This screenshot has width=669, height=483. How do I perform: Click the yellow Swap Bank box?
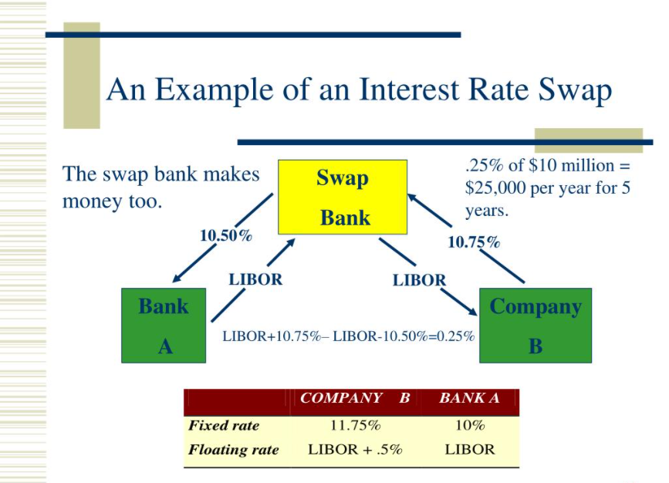pyautogui.click(x=343, y=197)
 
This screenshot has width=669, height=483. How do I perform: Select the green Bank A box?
pyautogui.click(x=164, y=325)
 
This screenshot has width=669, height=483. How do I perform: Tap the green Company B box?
pyautogui.click(x=536, y=325)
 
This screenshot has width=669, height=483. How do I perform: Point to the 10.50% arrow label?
pyautogui.click(x=225, y=236)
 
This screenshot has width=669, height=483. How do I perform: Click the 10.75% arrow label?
pyautogui.click(x=474, y=242)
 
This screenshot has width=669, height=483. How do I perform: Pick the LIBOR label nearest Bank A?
pyautogui.click(x=255, y=279)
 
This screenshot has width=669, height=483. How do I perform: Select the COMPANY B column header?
pyautogui.click(x=355, y=398)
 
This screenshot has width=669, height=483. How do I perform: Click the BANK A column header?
pyautogui.click(x=469, y=398)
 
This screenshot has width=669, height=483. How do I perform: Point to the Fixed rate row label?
pyautogui.click(x=224, y=425)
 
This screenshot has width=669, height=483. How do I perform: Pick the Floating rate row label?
pyautogui.click(x=234, y=449)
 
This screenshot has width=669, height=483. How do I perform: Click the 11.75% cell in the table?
pyautogui.click(x=355, y=425)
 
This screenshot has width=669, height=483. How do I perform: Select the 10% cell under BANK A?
pyautogui.click(x=469, y=425)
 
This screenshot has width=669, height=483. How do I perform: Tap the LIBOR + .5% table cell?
pyautogui.click(x=355, y=449)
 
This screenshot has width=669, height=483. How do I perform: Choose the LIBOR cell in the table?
pyautogui.click(x=469, y=449)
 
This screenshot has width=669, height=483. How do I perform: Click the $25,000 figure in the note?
pyautogui.click(x=495, y=187)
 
